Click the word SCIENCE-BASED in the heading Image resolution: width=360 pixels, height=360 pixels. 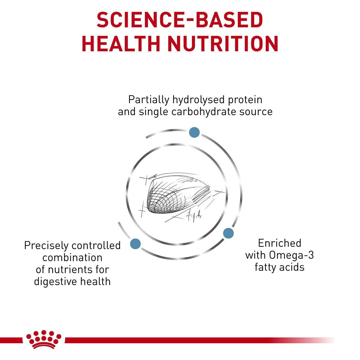pyautogui.click(x=180, y=20)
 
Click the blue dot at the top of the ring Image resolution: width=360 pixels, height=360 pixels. pyautogui.click(x=194, y=132)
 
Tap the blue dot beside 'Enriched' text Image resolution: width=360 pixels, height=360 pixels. pyautogui.click(x=228, y=232)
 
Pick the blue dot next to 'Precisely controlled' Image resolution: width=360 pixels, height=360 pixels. pyautogui.click(x=136, y=243)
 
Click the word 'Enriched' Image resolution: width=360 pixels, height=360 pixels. pyautogui.click(x=279, y=243)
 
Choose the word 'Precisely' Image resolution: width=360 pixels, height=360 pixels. pyautogui.click(x=46, y=246)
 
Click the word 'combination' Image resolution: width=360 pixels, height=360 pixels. pyautogui.click(x=72, y=258)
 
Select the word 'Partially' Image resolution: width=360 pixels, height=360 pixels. pyautogui.click(x=148, y=100)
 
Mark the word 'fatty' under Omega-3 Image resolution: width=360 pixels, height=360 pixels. pyautogui.click(x=266, y=267)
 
